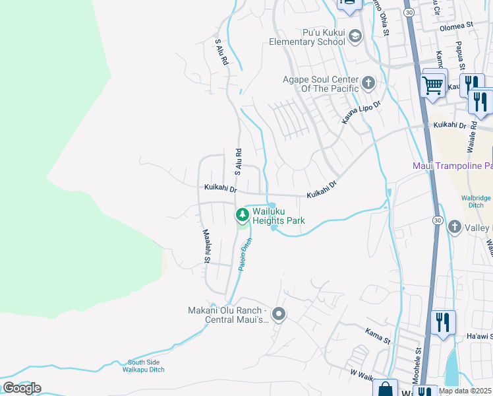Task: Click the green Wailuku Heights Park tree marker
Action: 242,215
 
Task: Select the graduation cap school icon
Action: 355,36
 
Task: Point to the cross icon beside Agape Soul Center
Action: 368,83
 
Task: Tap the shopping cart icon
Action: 432,85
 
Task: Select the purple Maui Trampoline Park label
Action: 452,165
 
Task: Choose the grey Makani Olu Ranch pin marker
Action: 279,315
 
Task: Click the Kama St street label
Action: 378,332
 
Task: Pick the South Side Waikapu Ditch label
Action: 146,366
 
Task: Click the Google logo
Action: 22,387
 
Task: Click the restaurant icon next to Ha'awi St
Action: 442,323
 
